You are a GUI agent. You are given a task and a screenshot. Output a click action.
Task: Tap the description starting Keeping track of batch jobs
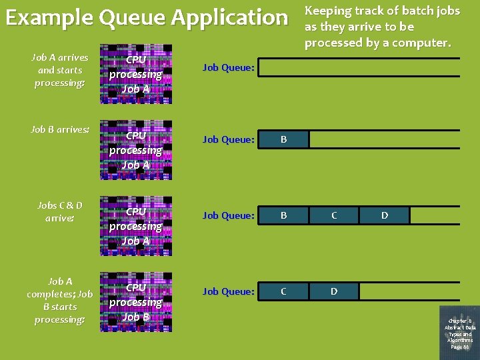point(382,27)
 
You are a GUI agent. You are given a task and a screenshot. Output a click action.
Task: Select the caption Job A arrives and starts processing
point(60,70)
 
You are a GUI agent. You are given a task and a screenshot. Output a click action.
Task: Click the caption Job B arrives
point(60,129)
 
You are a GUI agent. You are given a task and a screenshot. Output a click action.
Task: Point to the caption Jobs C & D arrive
point(60,211)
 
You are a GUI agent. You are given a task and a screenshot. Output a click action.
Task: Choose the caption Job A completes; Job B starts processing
point(60,300)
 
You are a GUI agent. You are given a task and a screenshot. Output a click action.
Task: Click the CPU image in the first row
point(136,74)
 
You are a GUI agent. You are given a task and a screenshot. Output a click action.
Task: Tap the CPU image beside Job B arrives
point(136,150)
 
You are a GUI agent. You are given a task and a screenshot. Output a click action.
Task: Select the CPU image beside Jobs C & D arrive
point(136,226)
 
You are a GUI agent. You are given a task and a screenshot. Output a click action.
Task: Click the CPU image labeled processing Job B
point(136,302)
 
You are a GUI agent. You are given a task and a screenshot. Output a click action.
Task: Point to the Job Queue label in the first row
point(229,67)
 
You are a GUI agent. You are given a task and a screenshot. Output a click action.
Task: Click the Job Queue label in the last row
point(229,291)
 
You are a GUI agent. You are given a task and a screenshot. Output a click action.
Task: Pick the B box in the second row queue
point(283,139)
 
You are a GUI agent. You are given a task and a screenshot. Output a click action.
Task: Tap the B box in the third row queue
point(283,215)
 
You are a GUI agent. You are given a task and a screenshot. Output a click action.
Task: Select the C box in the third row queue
point(334,215)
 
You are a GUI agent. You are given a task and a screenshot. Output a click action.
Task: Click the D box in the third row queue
point(385,215)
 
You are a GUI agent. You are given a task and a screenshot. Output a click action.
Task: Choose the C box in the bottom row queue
point(283,291)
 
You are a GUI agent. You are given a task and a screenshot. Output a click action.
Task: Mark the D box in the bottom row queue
point(334,291)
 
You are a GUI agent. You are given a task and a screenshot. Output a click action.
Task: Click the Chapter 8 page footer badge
point(460,330)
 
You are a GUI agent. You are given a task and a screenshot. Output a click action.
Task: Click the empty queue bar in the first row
point(359,67)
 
